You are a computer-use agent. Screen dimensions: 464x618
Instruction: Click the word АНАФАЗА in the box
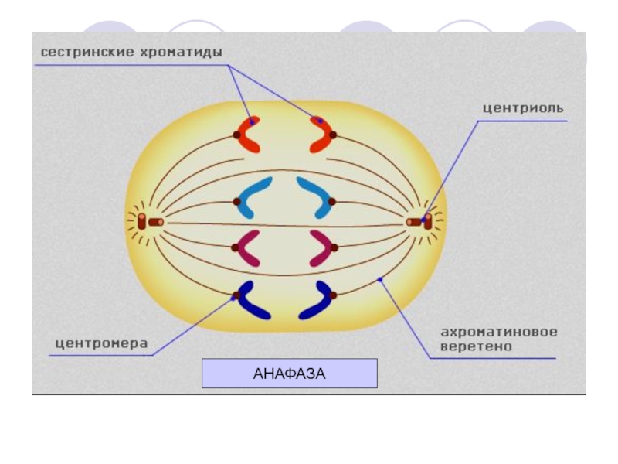pos(290,374)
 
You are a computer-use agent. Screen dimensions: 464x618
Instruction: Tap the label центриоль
pos(523,108)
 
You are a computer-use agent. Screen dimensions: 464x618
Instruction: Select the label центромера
pos(101,343)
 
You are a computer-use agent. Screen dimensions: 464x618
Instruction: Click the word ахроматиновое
pos(499,332)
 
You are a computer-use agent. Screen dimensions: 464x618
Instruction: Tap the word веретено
pos(477,346)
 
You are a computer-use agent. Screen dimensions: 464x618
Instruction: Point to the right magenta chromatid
pos(321,248)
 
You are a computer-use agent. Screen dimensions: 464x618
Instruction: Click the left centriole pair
pos(149,223)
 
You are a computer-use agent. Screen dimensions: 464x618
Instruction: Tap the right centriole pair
pos(421,221)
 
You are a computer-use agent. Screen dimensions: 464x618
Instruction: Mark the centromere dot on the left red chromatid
pos(237,135)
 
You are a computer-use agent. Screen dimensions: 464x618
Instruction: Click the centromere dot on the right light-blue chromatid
pos(331,202)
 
